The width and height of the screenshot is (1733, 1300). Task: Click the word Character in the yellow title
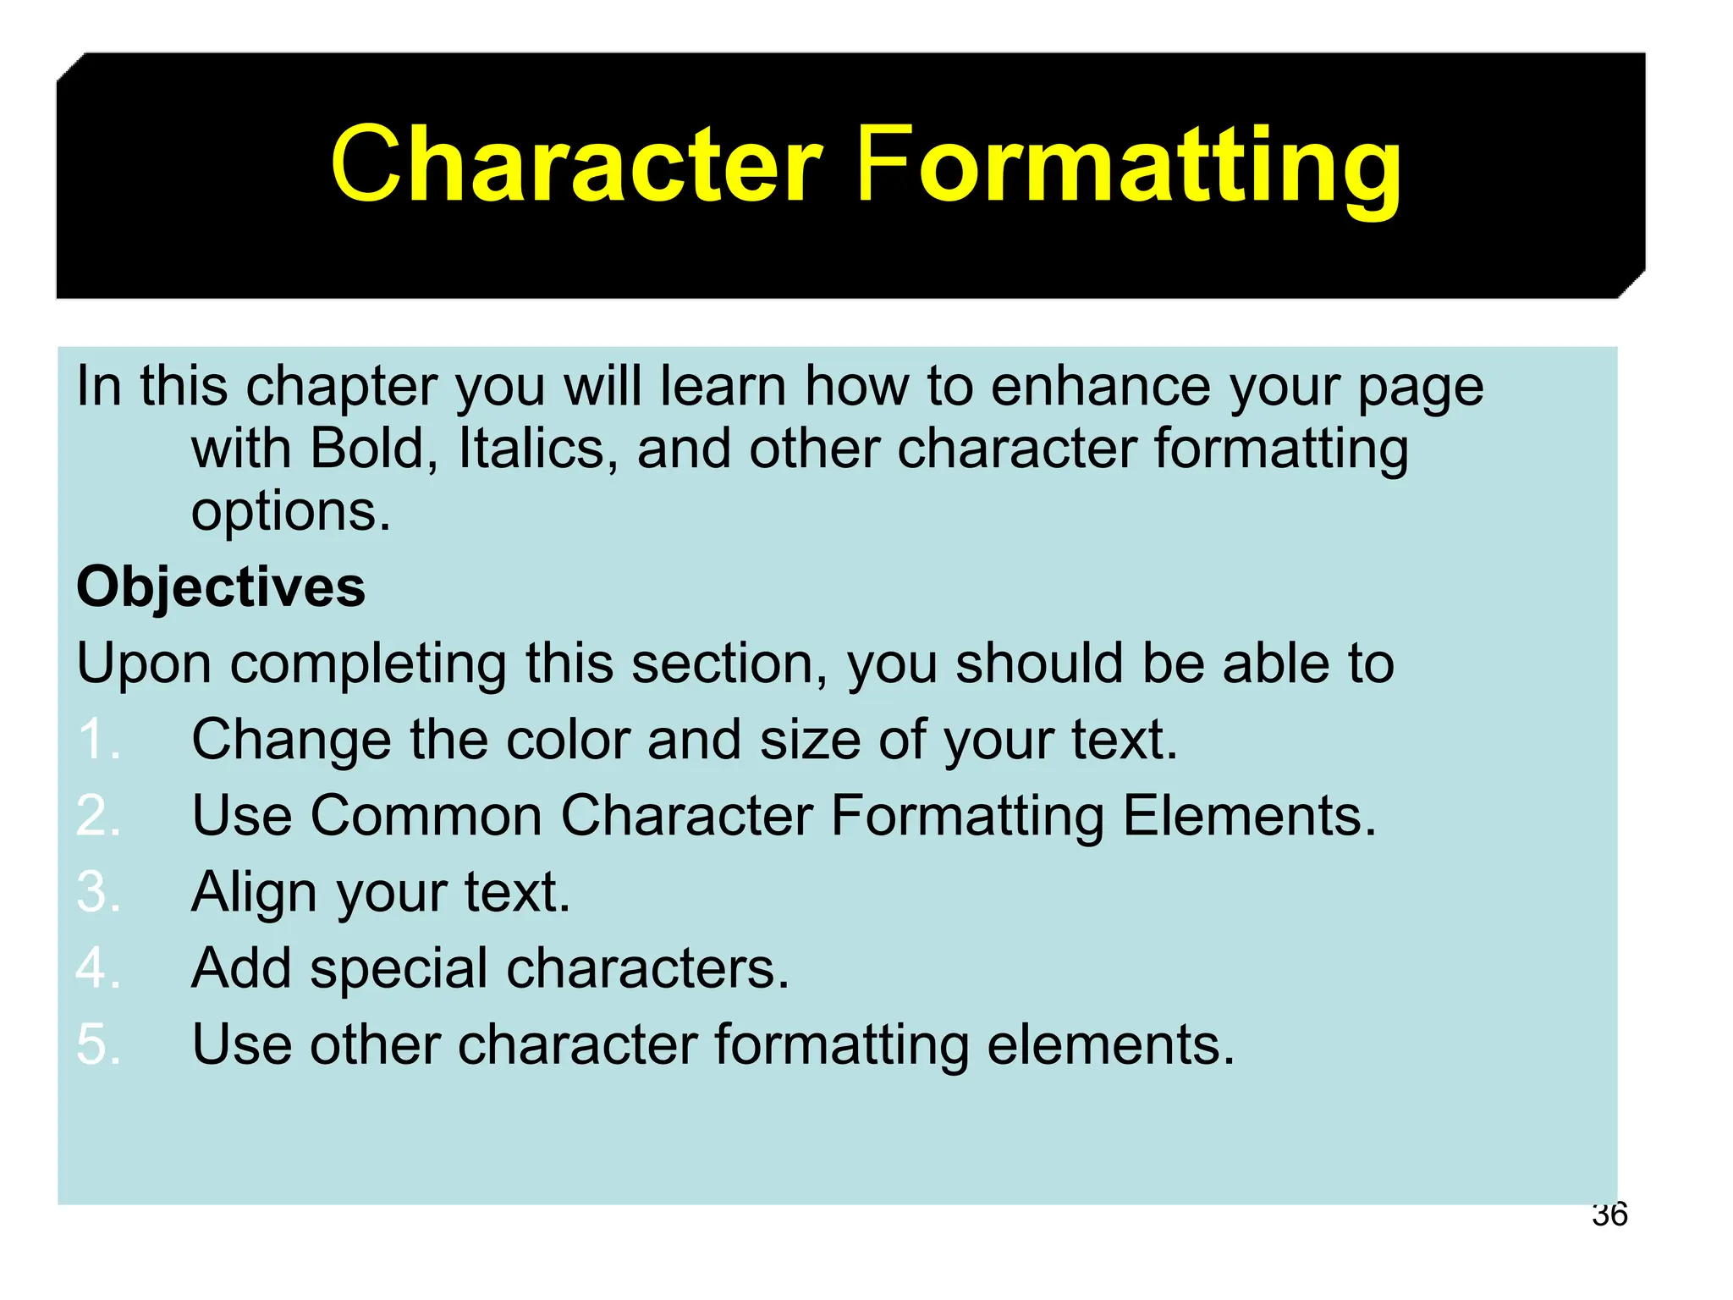pyautogui.click(x=575, y=165)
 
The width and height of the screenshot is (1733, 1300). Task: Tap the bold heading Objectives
pyautogui.click(x=221, y=587)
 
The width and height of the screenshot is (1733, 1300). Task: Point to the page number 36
pyautogui.click(x=1609, y=1215)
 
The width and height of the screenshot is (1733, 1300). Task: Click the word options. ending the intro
pyautogui.click(x=291, y=512)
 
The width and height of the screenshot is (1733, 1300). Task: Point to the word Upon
pyautogui.click(x=144, y=664)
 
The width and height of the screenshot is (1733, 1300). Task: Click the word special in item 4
pyautogui.click(x=399, y=969)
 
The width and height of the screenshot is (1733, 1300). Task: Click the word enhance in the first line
pyautogui.click(x=1101, y=386)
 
